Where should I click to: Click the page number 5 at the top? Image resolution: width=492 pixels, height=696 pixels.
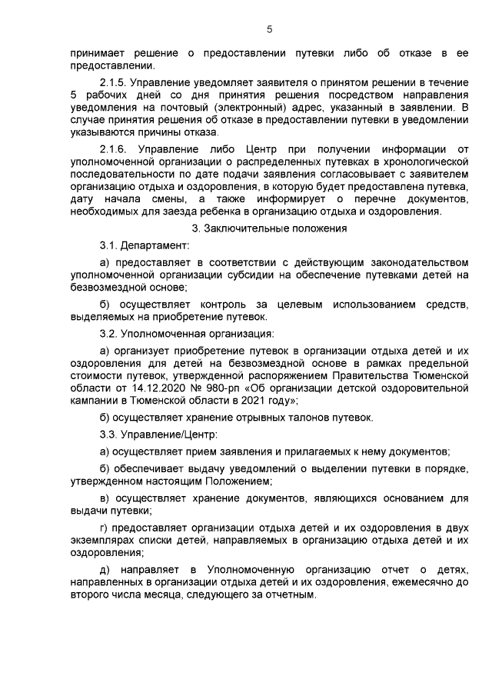pos(269,29)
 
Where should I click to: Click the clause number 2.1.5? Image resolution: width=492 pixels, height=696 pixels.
pos(117,82)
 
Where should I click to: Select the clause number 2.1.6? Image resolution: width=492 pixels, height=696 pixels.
pos(118,148)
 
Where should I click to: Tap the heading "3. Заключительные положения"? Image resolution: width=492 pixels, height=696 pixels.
pos(269,228)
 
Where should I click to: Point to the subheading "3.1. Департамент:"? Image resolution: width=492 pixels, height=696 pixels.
pos(143,245)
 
